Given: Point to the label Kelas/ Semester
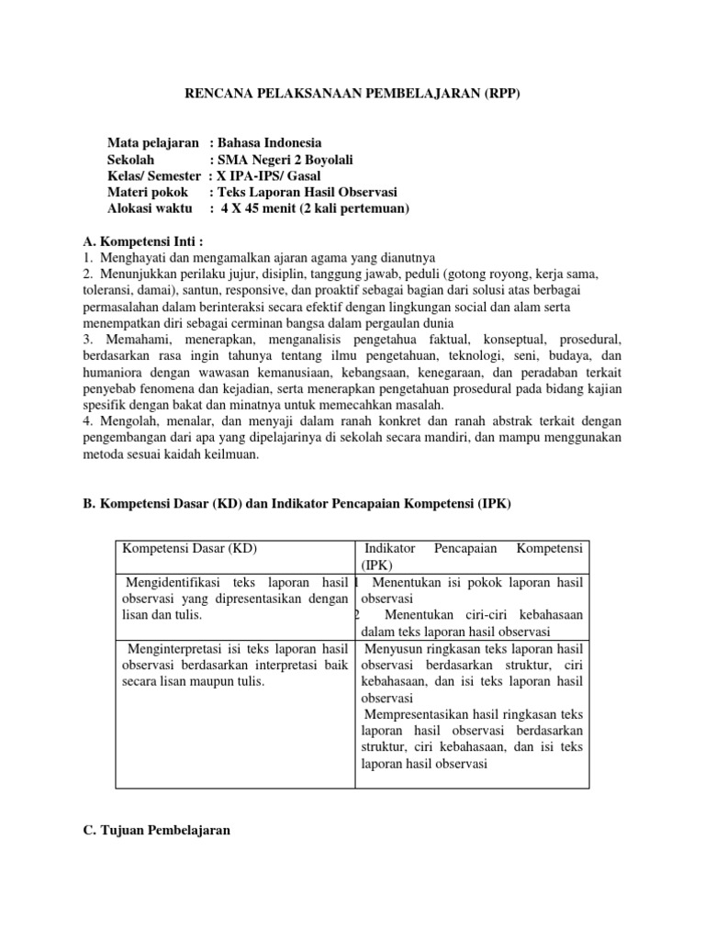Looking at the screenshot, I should (x=153, y=176).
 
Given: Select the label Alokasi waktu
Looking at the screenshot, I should (x=151, y=209).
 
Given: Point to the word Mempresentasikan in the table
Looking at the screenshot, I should (x=411, y=714).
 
